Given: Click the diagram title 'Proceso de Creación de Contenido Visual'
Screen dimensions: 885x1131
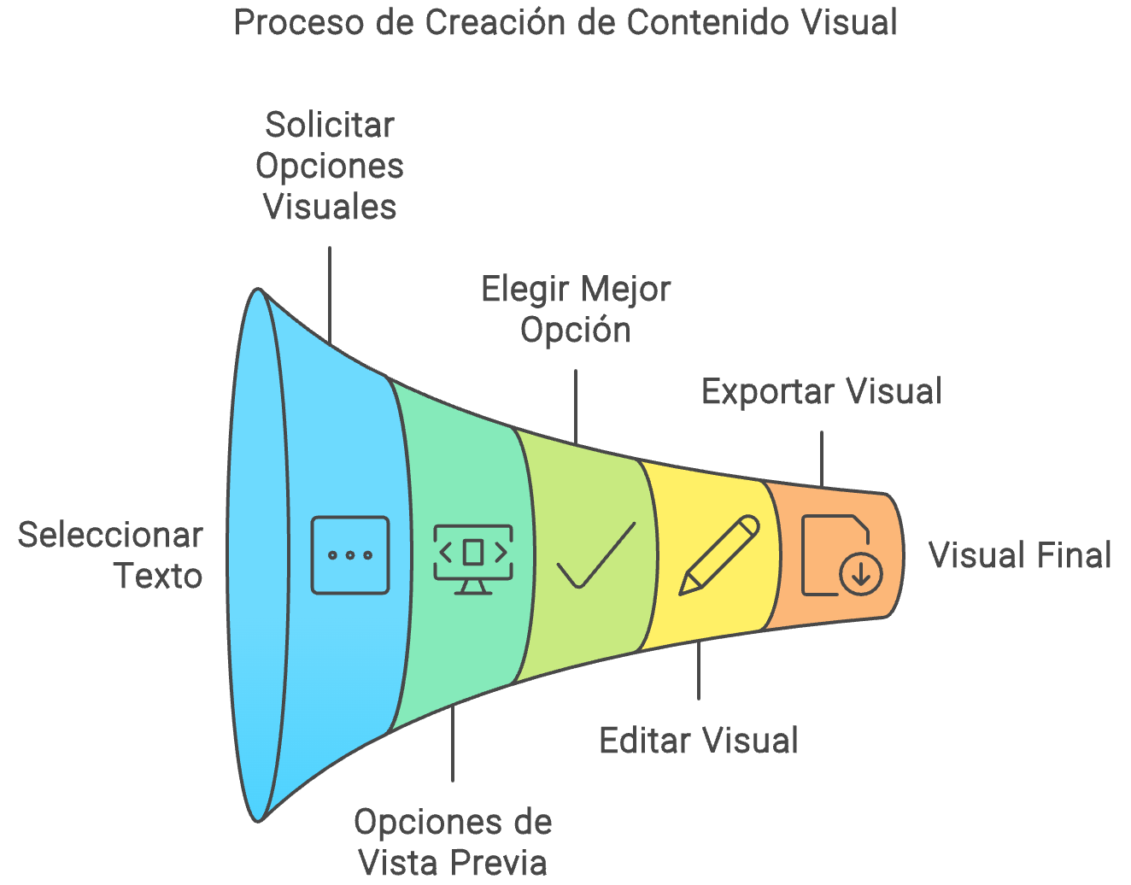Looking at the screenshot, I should (x=565, y=23).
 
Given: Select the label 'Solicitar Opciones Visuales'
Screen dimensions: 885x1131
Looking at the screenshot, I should (x=330, y=166).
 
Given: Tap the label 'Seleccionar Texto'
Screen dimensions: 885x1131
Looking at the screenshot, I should (x=111, y=555).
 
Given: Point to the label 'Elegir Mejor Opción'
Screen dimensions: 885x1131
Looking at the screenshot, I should (x=576, y=309).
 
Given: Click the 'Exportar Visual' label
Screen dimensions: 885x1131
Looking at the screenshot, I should (x=821, y=391).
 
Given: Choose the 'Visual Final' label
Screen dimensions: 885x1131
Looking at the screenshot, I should (x=1019, y=555).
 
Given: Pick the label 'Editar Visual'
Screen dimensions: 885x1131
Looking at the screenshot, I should (x=698, y=740).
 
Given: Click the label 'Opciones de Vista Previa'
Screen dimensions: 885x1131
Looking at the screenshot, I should (x=453, y=841).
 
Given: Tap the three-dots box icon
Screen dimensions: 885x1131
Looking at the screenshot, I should (x=350, y=555).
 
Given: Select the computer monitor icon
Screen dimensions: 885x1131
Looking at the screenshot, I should (x=473, y=558).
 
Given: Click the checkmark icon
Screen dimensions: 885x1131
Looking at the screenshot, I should (x=595, y=555).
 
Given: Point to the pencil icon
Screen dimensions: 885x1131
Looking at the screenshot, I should (x=718, y=555).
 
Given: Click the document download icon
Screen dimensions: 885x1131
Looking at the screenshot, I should (x=840, y=555).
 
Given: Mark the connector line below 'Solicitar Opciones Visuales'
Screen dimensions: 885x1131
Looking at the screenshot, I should (x=330, y=295).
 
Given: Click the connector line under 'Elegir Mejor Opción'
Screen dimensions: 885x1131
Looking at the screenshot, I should (x=576, y=407).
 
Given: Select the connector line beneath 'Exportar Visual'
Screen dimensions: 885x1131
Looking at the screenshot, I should (x=822, y=459).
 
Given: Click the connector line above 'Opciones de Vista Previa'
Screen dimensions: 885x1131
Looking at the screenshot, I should (x=453, y=743).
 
